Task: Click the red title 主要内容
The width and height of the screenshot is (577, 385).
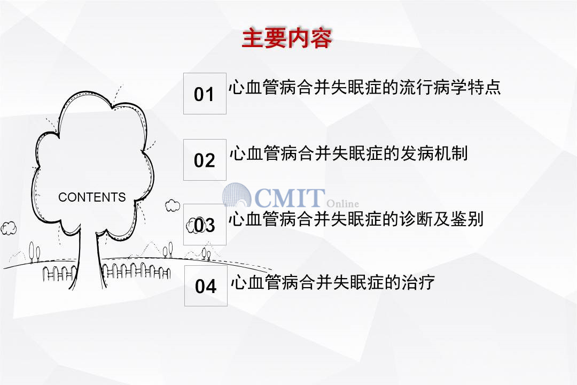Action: pos(287,38)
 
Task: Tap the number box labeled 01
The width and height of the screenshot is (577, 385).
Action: pos(205,94)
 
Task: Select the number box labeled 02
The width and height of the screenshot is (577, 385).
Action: pos(205,160)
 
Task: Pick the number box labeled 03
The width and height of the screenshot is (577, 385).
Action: pos(205,225)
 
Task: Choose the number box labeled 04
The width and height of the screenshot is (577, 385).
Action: pos(206,286)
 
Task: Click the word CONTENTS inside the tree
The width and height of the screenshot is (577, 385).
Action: pos(92,197)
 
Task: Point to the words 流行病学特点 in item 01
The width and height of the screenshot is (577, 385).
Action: pos(450,87)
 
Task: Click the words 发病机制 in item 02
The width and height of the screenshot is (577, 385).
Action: pos(434,153)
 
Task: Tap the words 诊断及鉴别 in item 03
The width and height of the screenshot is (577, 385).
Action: pos(442,219)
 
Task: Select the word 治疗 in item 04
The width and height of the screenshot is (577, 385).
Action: pos(418,282)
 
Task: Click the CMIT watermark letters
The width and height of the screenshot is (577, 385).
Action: pos(289,198)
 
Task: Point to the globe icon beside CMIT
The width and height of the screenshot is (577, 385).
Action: pos(237,195)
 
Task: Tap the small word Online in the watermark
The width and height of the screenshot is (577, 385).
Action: pos(342,203)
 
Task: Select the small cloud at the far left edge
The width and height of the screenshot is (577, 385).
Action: pos(9,228)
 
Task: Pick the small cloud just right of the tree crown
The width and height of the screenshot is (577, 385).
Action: pos(172,205)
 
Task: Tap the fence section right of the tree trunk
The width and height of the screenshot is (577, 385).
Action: pos(136,271)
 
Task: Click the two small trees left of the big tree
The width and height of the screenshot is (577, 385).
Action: pos(34,251)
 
